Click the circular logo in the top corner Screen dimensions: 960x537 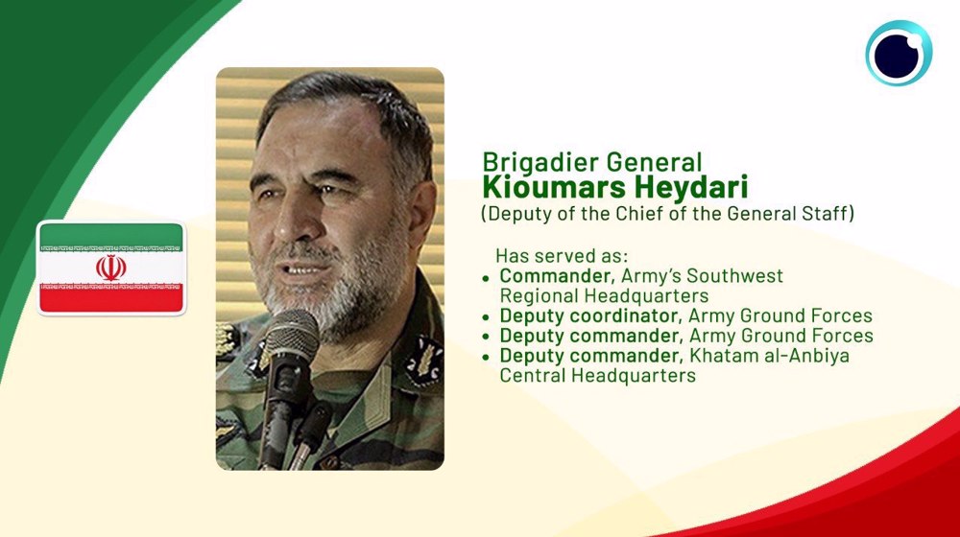[899, 53]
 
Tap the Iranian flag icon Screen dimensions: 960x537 [110, 268]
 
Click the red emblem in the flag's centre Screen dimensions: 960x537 [110, 268]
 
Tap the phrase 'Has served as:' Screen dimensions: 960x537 [562, 255]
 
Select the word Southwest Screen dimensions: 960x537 [734, 276]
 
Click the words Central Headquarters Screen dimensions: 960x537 [597, 375]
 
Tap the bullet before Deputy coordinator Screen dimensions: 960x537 [486, 317]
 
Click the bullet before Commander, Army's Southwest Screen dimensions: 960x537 [486, 278]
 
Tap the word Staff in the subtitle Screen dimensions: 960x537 [827, 214]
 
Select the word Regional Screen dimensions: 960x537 [539, 296]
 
